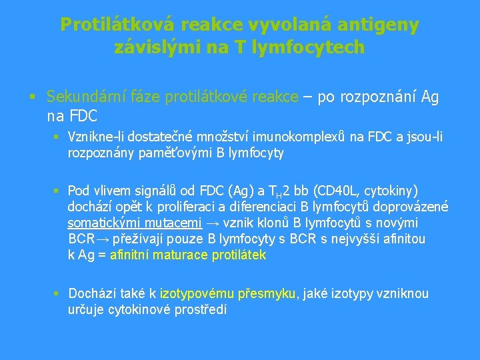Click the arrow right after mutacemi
coord(213,223)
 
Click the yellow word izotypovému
coord(197,294)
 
